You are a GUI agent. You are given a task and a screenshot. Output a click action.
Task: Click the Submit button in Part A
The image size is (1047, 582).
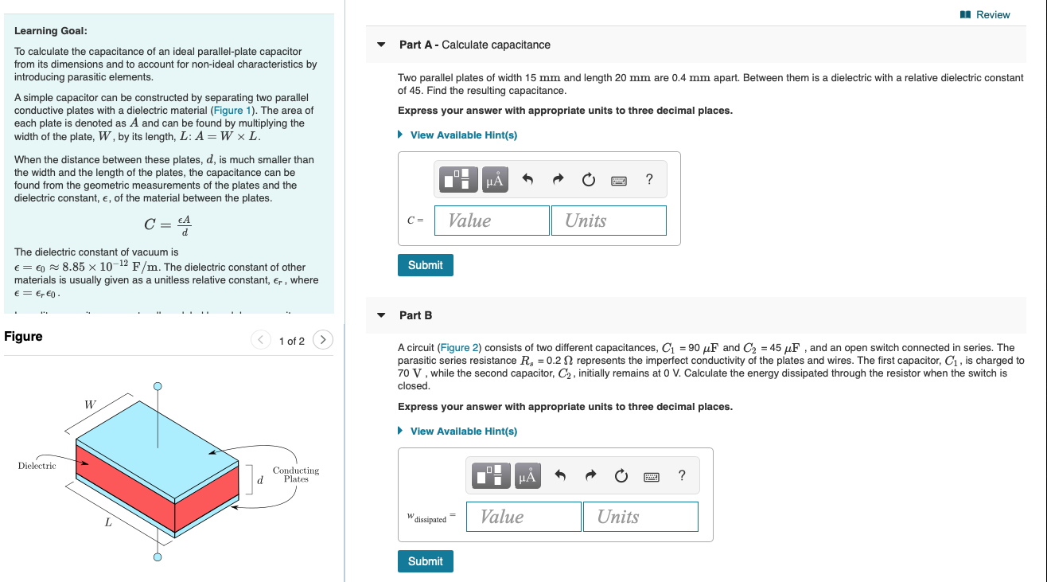[x=425, y=265]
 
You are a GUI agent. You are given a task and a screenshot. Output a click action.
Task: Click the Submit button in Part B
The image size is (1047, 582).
[x=425, y=561]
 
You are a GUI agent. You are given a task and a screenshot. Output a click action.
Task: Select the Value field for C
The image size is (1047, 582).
[x=492, y=221]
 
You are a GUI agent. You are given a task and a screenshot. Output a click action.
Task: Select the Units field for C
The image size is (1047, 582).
[x=609, y=221]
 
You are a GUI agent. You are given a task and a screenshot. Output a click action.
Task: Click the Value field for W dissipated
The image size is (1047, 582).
[x=523, y=517]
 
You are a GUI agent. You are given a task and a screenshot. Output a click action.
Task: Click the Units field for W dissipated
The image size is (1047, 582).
[x=640, y=517]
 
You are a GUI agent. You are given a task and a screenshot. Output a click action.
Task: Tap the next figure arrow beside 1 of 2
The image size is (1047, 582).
[x=323, y=340]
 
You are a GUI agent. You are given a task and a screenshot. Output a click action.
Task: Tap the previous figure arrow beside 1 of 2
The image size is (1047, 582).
[x=261, y=340]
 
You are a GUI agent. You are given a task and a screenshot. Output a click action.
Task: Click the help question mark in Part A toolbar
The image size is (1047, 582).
[x=649, y=180]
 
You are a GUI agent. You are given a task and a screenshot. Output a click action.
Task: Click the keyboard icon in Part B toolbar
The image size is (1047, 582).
[x=652, y=476]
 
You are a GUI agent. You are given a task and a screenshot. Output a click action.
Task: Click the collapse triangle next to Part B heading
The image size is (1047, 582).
[x=382, y=315]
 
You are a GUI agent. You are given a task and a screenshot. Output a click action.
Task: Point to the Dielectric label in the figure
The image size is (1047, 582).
[x=37, y=466]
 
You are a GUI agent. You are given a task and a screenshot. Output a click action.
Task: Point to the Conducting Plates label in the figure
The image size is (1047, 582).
[x=296, y=475]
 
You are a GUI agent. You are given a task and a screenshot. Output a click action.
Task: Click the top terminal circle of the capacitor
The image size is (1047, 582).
[x=158, y=386]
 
